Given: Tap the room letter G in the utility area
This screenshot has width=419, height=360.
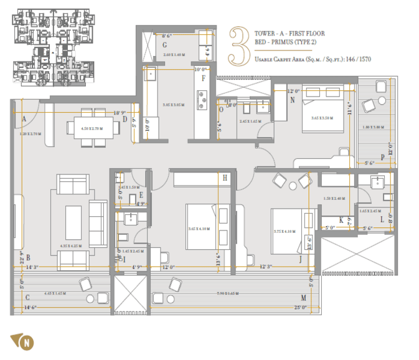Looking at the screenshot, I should (165, 45).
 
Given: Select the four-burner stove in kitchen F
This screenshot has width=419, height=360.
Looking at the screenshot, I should (202, 97).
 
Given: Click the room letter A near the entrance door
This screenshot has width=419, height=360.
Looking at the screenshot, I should (23, 119).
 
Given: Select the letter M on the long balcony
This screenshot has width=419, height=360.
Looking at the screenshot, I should (303, 298).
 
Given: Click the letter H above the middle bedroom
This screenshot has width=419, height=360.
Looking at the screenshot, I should (225, 178).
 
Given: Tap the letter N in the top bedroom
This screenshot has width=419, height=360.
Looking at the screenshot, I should (292, 100).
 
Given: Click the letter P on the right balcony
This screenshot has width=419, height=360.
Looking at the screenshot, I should (390, 158).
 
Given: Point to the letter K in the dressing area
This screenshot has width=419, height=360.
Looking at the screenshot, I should (341, 219).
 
